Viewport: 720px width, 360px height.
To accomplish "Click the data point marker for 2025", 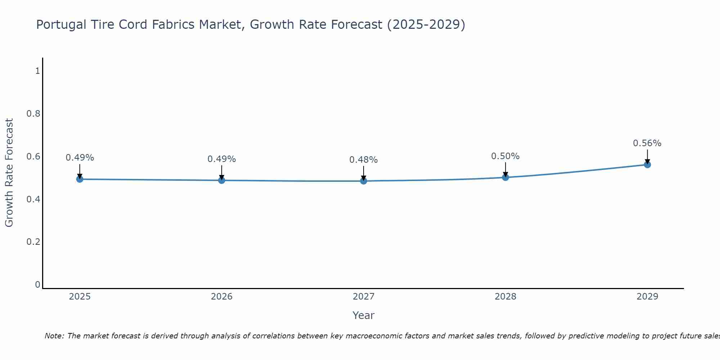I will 80,179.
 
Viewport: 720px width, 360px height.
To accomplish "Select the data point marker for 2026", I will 222,180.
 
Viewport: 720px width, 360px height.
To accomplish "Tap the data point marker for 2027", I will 364,181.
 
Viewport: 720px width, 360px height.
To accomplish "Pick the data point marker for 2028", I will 505,177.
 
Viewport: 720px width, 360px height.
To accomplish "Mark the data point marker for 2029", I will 647,165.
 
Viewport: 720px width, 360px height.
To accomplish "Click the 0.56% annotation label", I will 647,143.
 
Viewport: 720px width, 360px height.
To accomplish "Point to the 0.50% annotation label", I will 505,156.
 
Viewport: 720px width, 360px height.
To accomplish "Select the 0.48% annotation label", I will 364,160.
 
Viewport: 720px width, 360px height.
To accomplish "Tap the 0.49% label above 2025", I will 80,158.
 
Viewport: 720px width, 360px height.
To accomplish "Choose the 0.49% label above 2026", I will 222,159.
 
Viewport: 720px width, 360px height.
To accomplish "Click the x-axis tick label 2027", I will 364,297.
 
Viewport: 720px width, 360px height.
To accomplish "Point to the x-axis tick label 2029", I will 647,297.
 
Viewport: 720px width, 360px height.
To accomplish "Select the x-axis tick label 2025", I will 80,297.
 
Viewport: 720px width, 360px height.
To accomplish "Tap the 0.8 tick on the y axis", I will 33,114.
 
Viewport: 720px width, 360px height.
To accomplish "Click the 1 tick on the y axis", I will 37,71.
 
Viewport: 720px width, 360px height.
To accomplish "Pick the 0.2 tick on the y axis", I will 33,242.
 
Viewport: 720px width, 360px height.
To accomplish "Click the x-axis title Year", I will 364,315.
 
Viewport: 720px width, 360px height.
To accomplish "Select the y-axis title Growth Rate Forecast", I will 9,173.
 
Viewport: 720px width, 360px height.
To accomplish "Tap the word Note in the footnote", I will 54,336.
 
